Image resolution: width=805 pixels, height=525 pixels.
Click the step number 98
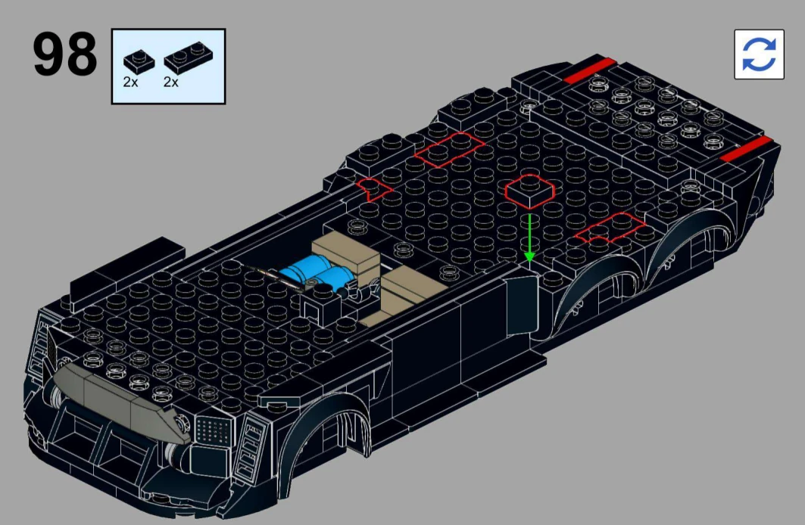coord(64,54)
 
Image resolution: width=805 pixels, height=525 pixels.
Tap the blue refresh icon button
coord(759,54)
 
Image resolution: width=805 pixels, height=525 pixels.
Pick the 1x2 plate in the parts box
coord(189,57)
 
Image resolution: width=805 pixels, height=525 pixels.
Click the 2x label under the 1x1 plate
coord(130,82)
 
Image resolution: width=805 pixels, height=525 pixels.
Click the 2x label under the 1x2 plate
coord(171,82)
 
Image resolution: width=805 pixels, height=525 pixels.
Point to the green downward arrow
coord(529,238)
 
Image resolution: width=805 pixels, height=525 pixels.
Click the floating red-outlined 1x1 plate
coord(530,191)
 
